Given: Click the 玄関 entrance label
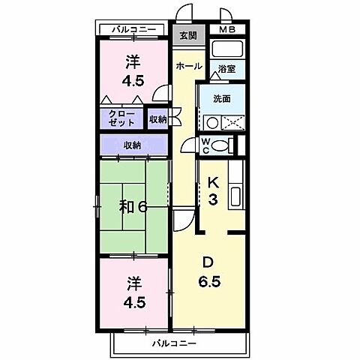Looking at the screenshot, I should (x=187, y=35).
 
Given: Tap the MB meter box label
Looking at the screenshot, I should (x=226, y=30).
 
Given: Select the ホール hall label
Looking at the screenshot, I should (x=187, y=66).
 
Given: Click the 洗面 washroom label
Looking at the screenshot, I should (x=220, y=97).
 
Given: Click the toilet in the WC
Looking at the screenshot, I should (x=220, y=145).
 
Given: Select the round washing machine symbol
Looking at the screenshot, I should (x=212, y=123).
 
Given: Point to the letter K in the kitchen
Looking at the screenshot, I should (x=213, y=182).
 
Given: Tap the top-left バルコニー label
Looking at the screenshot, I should (x=133, y=29).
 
